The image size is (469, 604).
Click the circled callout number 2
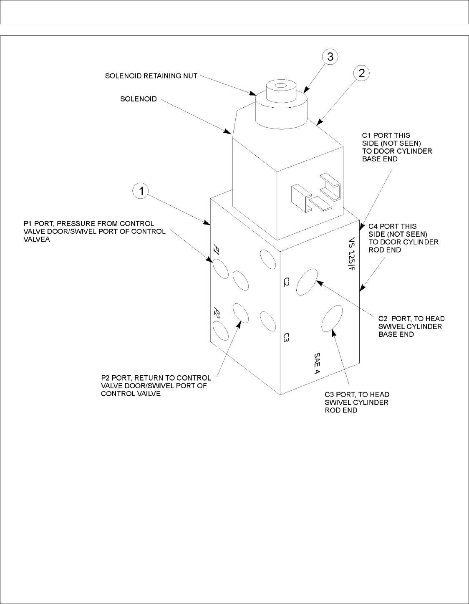click(361, 73)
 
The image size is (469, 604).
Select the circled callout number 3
click(330, 57)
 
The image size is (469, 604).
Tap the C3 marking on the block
click(286, 338)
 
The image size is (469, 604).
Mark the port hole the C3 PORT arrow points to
click(332, 319)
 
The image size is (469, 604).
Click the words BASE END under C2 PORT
click(396, 334)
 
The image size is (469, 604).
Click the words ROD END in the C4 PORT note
click(385, 250)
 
